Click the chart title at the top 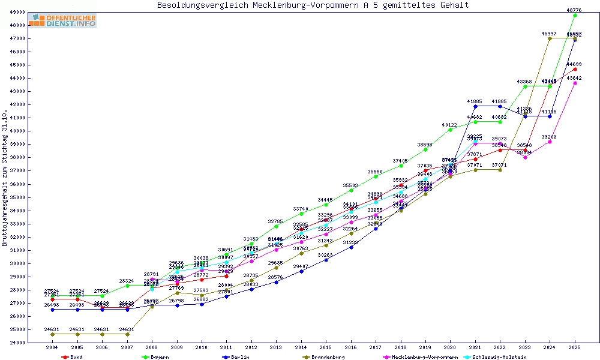click(313, 5)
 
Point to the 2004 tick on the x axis click(52, 347)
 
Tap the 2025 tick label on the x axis click(575, 347)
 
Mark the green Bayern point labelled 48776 click(575, 15)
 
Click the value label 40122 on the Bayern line click(450, 125)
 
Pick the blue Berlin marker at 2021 click(475, 106)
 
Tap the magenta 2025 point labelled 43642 click(575, 83)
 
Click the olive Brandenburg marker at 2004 click(52, 334)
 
